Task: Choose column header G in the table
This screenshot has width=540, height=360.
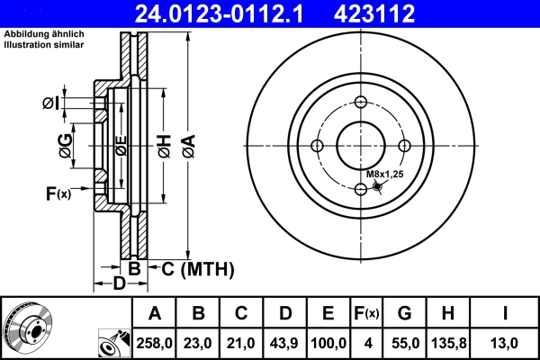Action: point(404,313)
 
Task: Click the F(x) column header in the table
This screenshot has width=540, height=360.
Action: point(365,313)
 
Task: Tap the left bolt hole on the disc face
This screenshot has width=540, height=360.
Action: point(318,146)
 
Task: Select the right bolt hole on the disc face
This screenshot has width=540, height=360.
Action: point(405,146)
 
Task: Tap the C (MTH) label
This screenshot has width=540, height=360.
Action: point(197,268)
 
